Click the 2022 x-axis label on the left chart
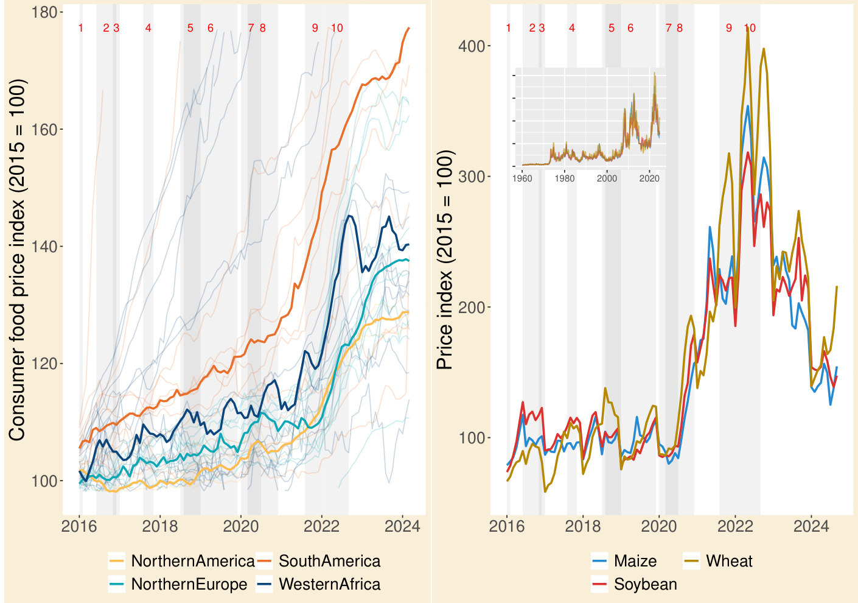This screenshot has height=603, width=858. [321, 526]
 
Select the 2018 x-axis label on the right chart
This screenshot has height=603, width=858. [583, 526]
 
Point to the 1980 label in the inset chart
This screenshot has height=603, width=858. [565, 178]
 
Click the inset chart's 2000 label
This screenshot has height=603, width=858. [607, 178]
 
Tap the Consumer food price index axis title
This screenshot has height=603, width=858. [17, 259]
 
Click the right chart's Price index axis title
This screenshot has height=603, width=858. [445, 259]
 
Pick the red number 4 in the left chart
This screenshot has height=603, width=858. [148, 28]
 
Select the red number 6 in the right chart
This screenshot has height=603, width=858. [630, 28]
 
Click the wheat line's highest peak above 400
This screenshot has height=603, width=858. [748, 28]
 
